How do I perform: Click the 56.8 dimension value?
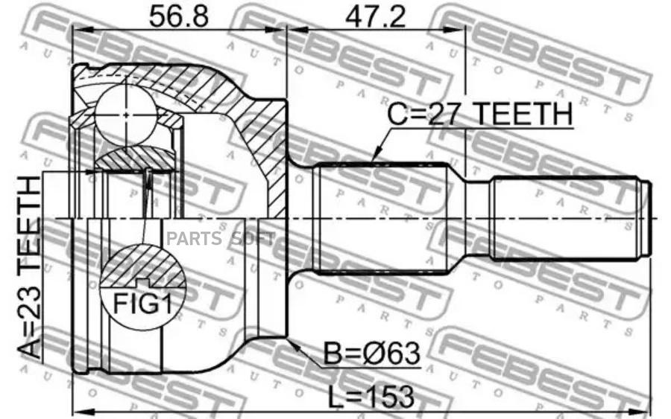[x=178, y=16]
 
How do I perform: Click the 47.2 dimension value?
[x=375, y=16]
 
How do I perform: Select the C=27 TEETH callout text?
[x=479, y=114]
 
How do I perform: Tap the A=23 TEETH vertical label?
[x=31, y=268]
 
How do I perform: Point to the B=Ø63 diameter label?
[x=371, y=354]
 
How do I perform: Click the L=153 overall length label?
[x=371, y=397]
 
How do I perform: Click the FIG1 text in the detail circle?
[x=142, y=304]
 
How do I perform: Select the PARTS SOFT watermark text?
[x=221, y=238]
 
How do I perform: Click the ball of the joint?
[x=126, y=114]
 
